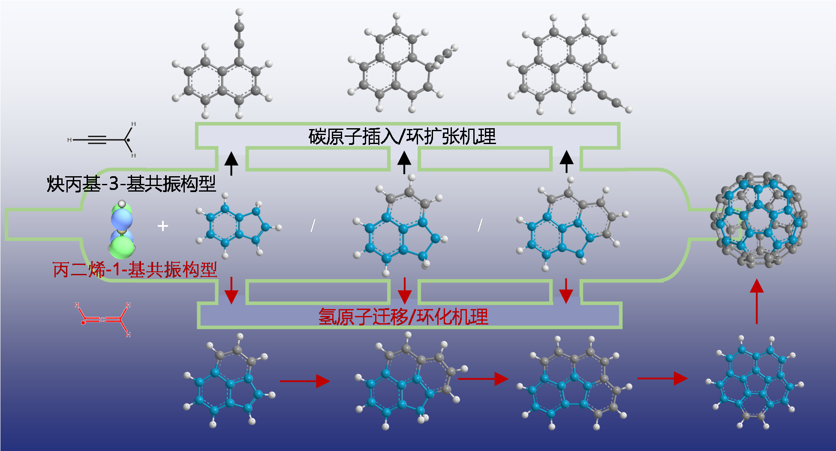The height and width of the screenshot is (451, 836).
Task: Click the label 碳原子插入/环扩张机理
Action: [x=402, y=137]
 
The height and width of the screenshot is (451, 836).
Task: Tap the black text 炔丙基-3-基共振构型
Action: [x=131, y=184]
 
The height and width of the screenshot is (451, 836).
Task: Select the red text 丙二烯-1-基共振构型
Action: [x=135, y=270]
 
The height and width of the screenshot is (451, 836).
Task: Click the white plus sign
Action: [x=162, y=226]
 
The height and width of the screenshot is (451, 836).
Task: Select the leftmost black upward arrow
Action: [x=232, y=163]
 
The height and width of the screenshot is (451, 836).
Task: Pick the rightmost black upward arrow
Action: [x=566, y=162]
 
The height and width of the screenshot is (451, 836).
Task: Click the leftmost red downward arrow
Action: [x=232, y=291]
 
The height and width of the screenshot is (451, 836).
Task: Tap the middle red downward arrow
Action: [x=404, y=291]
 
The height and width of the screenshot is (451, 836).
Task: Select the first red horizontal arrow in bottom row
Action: [x=304, y=381]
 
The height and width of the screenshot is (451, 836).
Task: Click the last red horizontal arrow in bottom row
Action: [x=662, y=379]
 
